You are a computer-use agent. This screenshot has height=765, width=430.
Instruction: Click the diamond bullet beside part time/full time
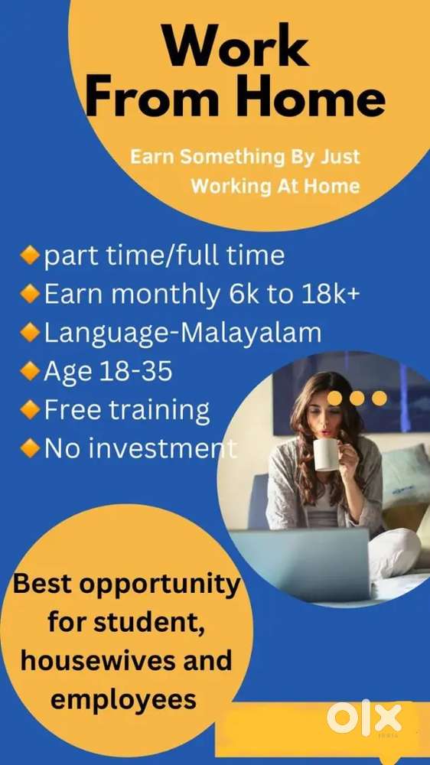(31, 255)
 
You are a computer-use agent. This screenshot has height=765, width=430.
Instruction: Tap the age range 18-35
(132, 371)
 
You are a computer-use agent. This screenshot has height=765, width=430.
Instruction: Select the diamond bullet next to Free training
(31, 410)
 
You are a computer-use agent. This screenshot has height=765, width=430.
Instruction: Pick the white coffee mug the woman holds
(326, 453)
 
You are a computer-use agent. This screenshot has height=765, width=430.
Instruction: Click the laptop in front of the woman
(300, 563)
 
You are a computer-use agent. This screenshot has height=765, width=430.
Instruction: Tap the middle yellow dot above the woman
(357, 398)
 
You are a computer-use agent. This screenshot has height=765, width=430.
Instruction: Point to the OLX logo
(364, 718)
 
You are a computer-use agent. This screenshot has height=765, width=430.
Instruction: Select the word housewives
(87, 660)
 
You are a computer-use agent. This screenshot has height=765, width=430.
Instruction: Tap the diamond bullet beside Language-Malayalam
(31, 332)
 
